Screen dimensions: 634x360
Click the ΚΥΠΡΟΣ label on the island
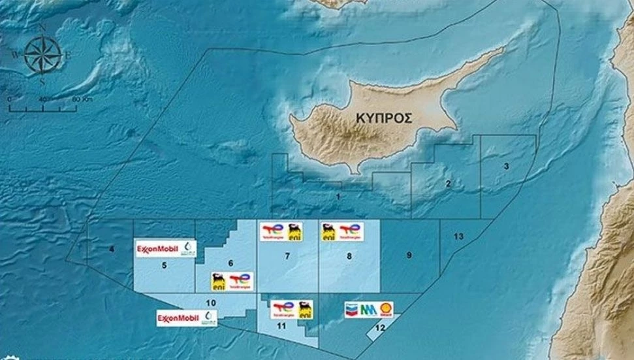click(x=385, y=118)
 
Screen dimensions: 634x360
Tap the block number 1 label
click(x=338, y=196)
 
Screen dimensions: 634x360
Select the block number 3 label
click(x=506, y=167)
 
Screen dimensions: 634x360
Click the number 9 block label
click(x=409, y=255)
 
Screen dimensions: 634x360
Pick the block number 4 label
click(x=112, y=249)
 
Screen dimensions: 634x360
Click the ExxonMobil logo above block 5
click(x=157, y=248)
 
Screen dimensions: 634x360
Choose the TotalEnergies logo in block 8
click(x=350, y=231)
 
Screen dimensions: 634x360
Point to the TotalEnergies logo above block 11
click(x=283, y=308)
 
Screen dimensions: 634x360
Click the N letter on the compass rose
click(x=42, y=28)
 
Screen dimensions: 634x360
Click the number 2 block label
click(x=448, y=184)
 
